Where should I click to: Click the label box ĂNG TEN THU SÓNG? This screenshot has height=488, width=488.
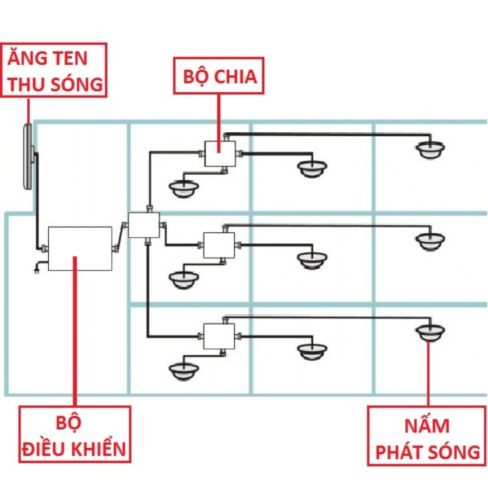pos(54,70)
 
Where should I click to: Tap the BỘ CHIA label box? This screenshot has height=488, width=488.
pos(219,76)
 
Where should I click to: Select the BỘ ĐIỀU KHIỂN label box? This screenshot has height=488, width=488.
pos(75,434)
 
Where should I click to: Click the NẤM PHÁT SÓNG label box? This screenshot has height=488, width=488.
pos(428,436)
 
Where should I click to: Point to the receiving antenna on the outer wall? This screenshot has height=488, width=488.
pos(28,157)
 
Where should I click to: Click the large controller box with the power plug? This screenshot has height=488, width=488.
pos(80,249)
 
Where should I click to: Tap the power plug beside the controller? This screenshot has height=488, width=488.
pos(37,268)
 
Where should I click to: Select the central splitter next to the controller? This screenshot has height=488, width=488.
pos(144,225)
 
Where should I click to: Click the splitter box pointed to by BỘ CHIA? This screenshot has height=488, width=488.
pos(220,154)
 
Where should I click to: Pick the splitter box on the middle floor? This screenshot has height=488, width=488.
pos(219,245)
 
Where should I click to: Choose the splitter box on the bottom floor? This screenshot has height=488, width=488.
pos(219,336)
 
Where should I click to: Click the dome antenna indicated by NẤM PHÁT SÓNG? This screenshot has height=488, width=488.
pos(430,332)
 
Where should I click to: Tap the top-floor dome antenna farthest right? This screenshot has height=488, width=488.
pos(430,150)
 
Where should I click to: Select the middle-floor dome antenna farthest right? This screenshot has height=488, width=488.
pos(430,241)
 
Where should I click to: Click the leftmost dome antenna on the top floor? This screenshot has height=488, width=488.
pos(184,189)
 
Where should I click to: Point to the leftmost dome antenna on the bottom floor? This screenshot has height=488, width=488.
pos(184,372)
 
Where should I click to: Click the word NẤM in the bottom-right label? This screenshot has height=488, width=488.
pos(427,425)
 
